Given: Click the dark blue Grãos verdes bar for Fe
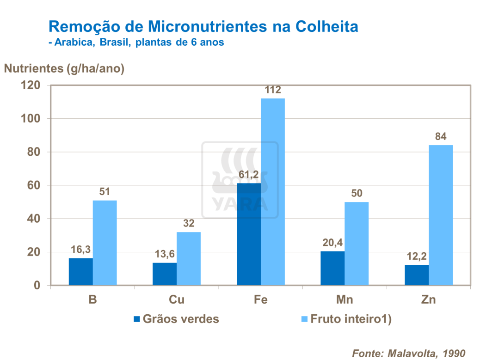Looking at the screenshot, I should click(x=248, y=234).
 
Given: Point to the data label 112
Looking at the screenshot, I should click(x=272, y=90).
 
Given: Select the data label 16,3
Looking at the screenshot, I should click(x=80, y=250).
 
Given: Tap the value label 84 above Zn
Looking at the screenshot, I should click(x=440, y=137).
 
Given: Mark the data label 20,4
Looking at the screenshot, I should click(x=332, y=243).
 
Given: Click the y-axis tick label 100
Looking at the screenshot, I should click(x=31, y=119).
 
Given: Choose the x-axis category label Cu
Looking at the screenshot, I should click(x=177, y=300).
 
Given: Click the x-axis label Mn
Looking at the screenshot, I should click(x=345, y=300).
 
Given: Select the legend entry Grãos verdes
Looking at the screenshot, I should click(x=176, y=319).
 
